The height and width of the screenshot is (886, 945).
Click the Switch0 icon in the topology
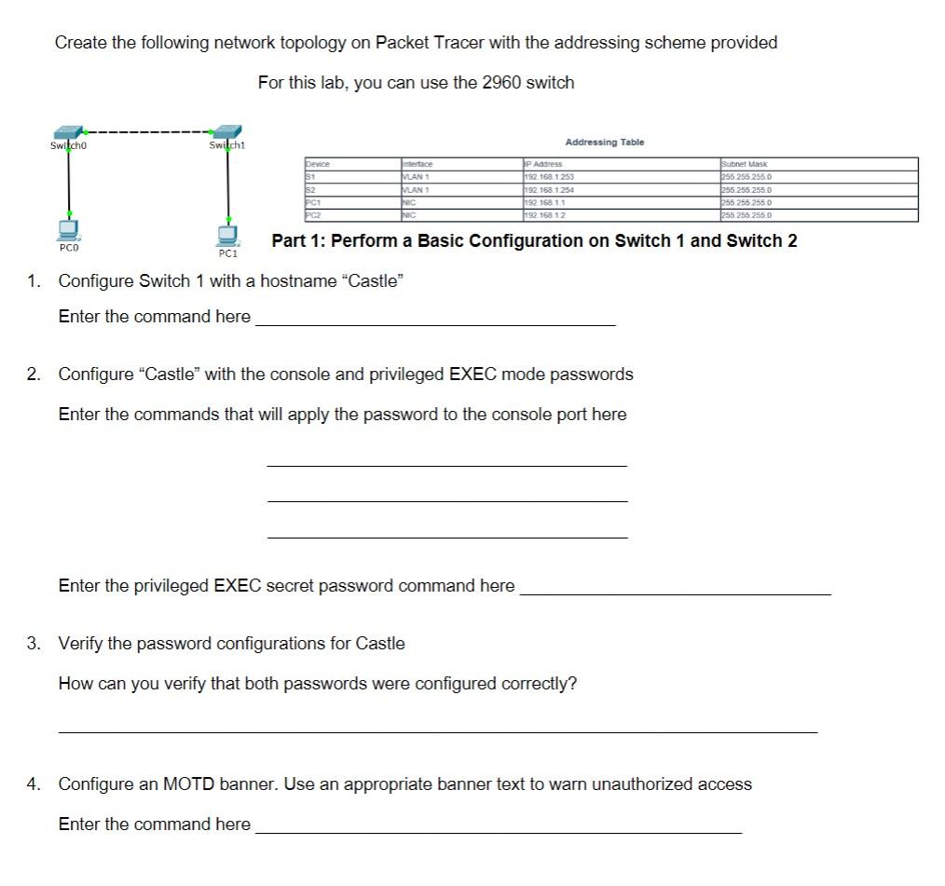point(68,132)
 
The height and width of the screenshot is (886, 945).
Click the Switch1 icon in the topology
point(226,132)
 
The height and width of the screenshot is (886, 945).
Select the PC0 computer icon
point(68,228)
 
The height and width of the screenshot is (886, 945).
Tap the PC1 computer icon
point(226,233)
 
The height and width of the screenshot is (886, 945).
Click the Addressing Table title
point(604,142)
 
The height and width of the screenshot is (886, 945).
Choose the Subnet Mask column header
point(743,164)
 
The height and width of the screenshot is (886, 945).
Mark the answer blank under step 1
point(435,323)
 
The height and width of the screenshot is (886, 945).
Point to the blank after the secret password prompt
point(675,593)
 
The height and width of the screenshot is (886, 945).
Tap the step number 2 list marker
point(34,375)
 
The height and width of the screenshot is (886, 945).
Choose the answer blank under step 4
point(498,830)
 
